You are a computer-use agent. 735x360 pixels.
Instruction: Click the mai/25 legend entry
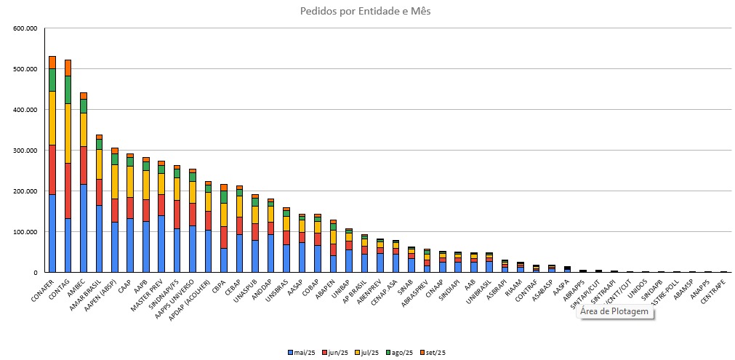[x=301, y=353]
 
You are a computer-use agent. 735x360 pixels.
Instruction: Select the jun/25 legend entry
[x=336, y=353]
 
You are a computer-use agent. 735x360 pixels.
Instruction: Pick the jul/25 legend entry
[x=369, y=353]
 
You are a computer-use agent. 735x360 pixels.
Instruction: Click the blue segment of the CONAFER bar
[x=52, y=233]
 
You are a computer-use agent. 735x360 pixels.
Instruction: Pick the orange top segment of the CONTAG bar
[x=68, y=68]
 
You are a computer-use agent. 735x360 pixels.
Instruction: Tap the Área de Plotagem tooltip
[x=614, y=312]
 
